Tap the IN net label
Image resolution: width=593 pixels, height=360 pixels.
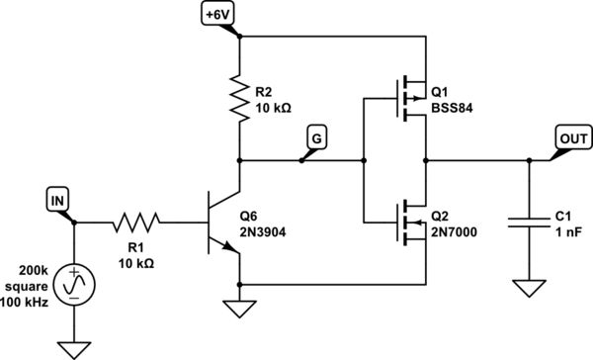tap(59, 203)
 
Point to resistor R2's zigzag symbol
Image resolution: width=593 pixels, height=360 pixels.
tap(238, 96)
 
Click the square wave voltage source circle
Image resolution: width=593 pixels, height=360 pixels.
tap(74, 286)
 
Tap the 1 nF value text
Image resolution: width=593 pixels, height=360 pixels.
tap(568, 231)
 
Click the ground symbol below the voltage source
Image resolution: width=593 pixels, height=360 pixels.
tap(74, 347)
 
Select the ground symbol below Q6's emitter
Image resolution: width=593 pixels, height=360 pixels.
tap(238, 309)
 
